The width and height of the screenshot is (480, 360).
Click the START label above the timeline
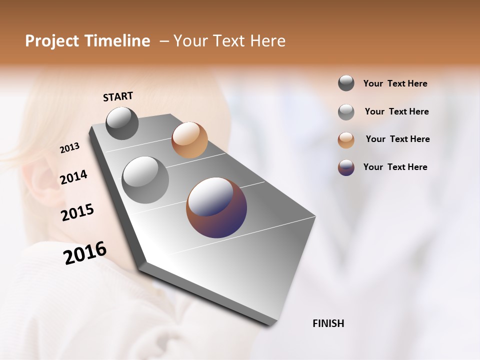118,96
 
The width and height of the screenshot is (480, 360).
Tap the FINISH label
328,323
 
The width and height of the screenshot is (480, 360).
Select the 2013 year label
70,148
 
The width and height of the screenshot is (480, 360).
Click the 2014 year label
73,177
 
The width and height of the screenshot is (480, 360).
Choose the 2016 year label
85,253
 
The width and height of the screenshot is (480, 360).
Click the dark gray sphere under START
122,123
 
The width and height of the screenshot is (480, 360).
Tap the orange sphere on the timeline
189,140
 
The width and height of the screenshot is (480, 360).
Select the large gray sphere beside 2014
145,180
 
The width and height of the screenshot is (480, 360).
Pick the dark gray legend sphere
346,83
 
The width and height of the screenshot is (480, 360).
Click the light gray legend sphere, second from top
346,112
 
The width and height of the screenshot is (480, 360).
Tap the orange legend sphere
346,139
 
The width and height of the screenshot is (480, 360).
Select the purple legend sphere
346,167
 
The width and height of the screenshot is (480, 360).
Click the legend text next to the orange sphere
397,139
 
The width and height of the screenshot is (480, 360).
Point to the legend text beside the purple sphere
395,167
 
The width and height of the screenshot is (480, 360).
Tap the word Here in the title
267,41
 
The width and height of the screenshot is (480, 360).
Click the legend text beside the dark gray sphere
395,83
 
